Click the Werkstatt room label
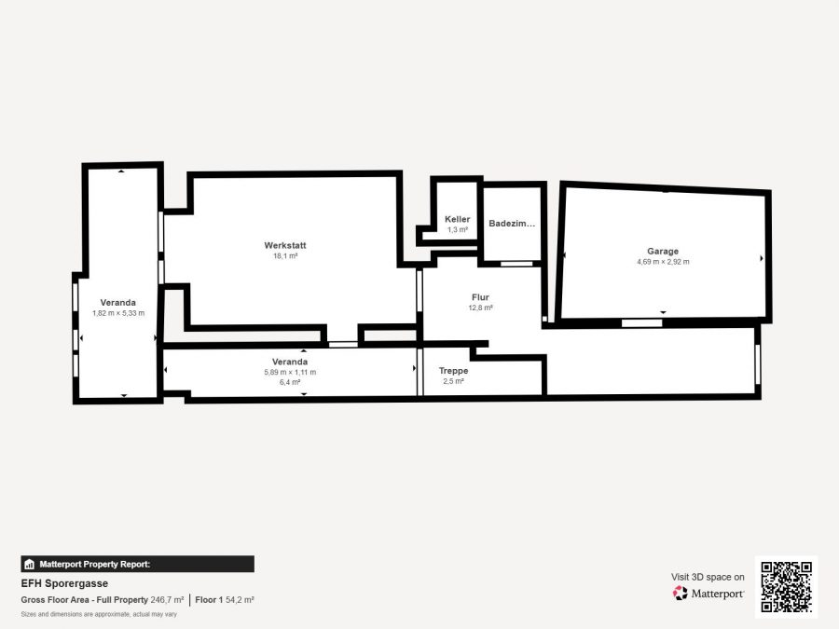point(285,245)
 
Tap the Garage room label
point(663,251)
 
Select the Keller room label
point(458,219)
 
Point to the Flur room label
point(480,297)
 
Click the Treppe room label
point(454,371)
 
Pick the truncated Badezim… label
point(512,224)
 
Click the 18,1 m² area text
point(285,256)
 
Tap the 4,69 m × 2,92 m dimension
point(663,262)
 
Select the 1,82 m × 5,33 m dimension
point(118,313)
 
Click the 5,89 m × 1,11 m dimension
point(290,372)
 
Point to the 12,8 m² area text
point(480,308)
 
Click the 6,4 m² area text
point(290,382)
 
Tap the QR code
point(787,587)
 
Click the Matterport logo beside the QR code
point(708,594)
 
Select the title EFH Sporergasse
point(64,583)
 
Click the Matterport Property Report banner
point(138,565)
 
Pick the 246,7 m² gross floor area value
point(167,600)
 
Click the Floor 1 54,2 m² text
point(225,600)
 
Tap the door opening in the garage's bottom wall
point(642,323)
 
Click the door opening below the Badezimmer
point(516,264)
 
